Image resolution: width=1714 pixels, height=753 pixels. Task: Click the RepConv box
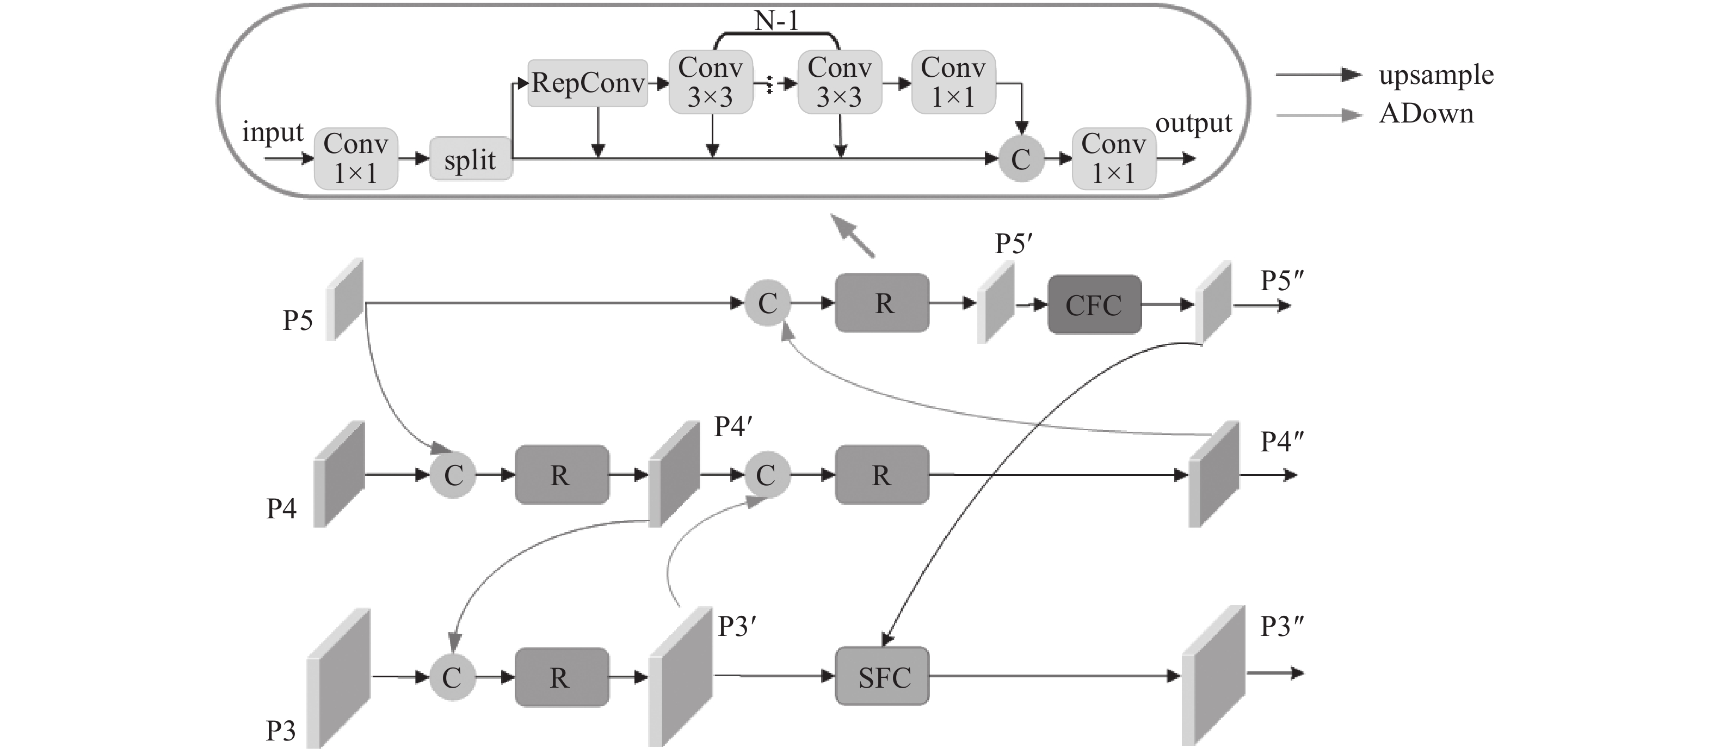coord(588,83)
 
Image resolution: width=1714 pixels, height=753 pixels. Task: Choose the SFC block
coord(882,676)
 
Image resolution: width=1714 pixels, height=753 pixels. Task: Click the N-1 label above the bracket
coord(776,21)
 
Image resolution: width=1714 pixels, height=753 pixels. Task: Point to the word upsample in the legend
coord(1436,75)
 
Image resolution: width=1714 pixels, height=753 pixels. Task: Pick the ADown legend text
coord(1427,114)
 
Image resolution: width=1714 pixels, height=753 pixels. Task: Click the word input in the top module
coord(272,132)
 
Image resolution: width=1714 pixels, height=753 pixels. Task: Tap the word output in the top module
coord(1194,124)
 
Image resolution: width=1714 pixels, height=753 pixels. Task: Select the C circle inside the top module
coord(1021,159)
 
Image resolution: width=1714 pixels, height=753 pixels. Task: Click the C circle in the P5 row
coord(767,304)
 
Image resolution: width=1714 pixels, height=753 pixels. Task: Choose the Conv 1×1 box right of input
coord(356,159)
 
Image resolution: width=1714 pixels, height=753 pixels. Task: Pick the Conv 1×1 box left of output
coord(1114,159)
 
